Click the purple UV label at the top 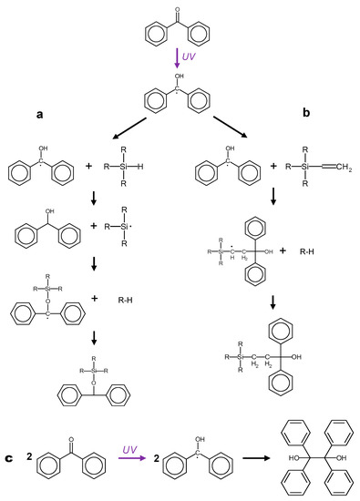(189, 57)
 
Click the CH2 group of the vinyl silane (336, 169)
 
